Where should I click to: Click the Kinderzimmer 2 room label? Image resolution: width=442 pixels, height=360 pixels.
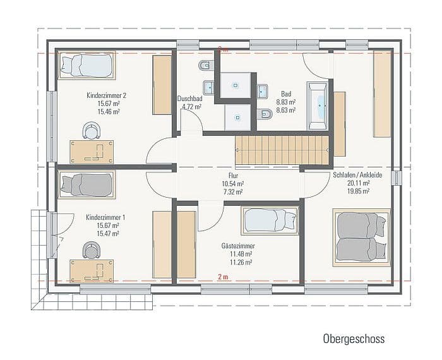(107, 95)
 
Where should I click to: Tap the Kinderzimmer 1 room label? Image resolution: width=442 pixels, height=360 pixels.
(105, 218)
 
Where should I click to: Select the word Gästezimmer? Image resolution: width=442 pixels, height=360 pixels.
(238, 247)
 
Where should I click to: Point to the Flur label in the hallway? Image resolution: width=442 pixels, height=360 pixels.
(232, 176)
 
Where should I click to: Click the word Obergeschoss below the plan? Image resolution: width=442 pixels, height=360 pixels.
(354, 339)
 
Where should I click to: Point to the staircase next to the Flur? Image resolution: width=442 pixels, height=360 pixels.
(282, 150)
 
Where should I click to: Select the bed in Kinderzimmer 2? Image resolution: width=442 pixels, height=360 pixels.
(86, 64)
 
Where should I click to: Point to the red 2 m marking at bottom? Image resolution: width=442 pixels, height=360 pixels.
(223, 277)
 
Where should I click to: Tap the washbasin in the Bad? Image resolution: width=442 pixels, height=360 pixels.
(263, 91)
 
